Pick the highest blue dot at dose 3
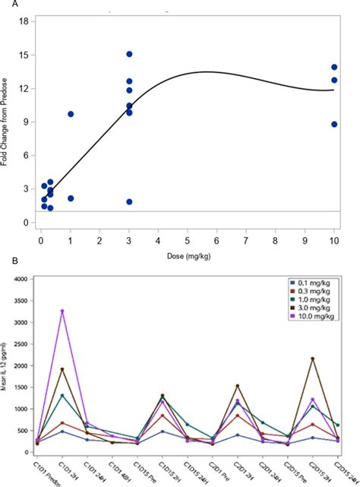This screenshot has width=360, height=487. tap(129, 54)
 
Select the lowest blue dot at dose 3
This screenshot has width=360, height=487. tap(129, 201)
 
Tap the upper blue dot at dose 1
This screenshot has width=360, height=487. tap(71, 114)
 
